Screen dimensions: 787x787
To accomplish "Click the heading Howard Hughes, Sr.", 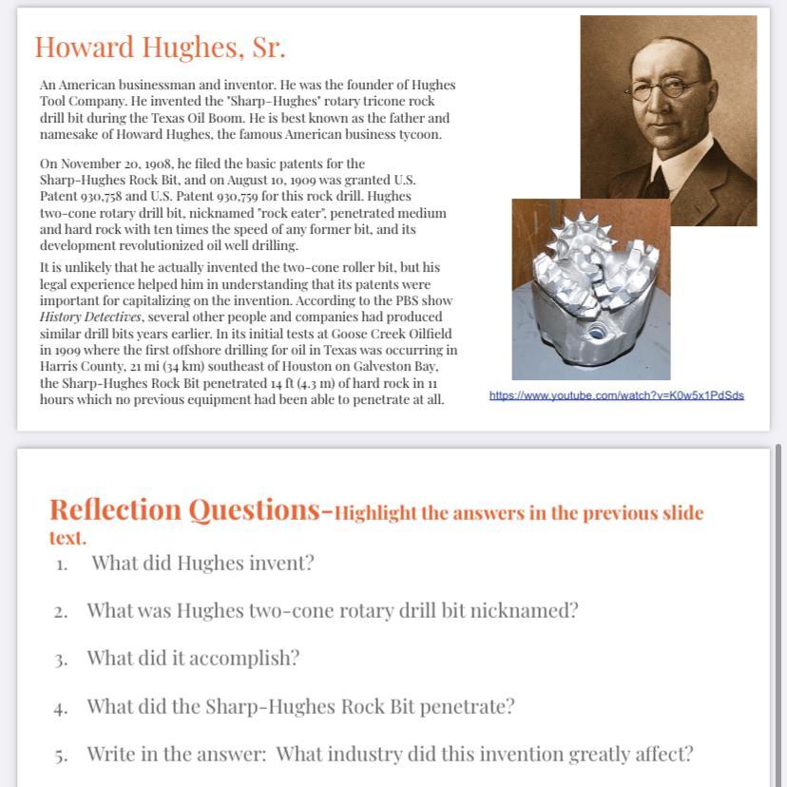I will [160, 47].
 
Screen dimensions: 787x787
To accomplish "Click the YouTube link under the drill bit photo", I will [616, 394].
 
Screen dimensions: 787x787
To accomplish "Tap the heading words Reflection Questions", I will [184, 510].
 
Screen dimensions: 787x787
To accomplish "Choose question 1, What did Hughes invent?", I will [202, 563].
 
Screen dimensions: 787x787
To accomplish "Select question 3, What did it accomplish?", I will [193, 658].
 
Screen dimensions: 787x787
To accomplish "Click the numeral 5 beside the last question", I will [60, 756].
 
